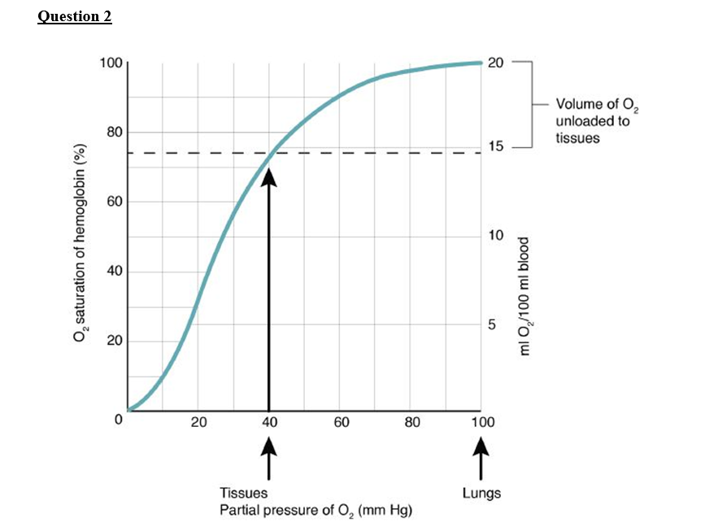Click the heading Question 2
pos(75,17)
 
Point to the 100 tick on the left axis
pos(110,63)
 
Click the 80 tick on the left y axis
pos(113,132)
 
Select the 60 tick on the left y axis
pos(113,202)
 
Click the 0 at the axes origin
pos(117,420)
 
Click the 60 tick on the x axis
pos(342,422)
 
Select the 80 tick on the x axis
pos(412,422)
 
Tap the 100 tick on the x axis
pos(482,422)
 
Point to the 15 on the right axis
pos(495,147)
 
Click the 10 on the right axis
pos(495,236)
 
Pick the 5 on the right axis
pos(491,324)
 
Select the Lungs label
pos(481,493)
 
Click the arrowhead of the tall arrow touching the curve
pos(268,176)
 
